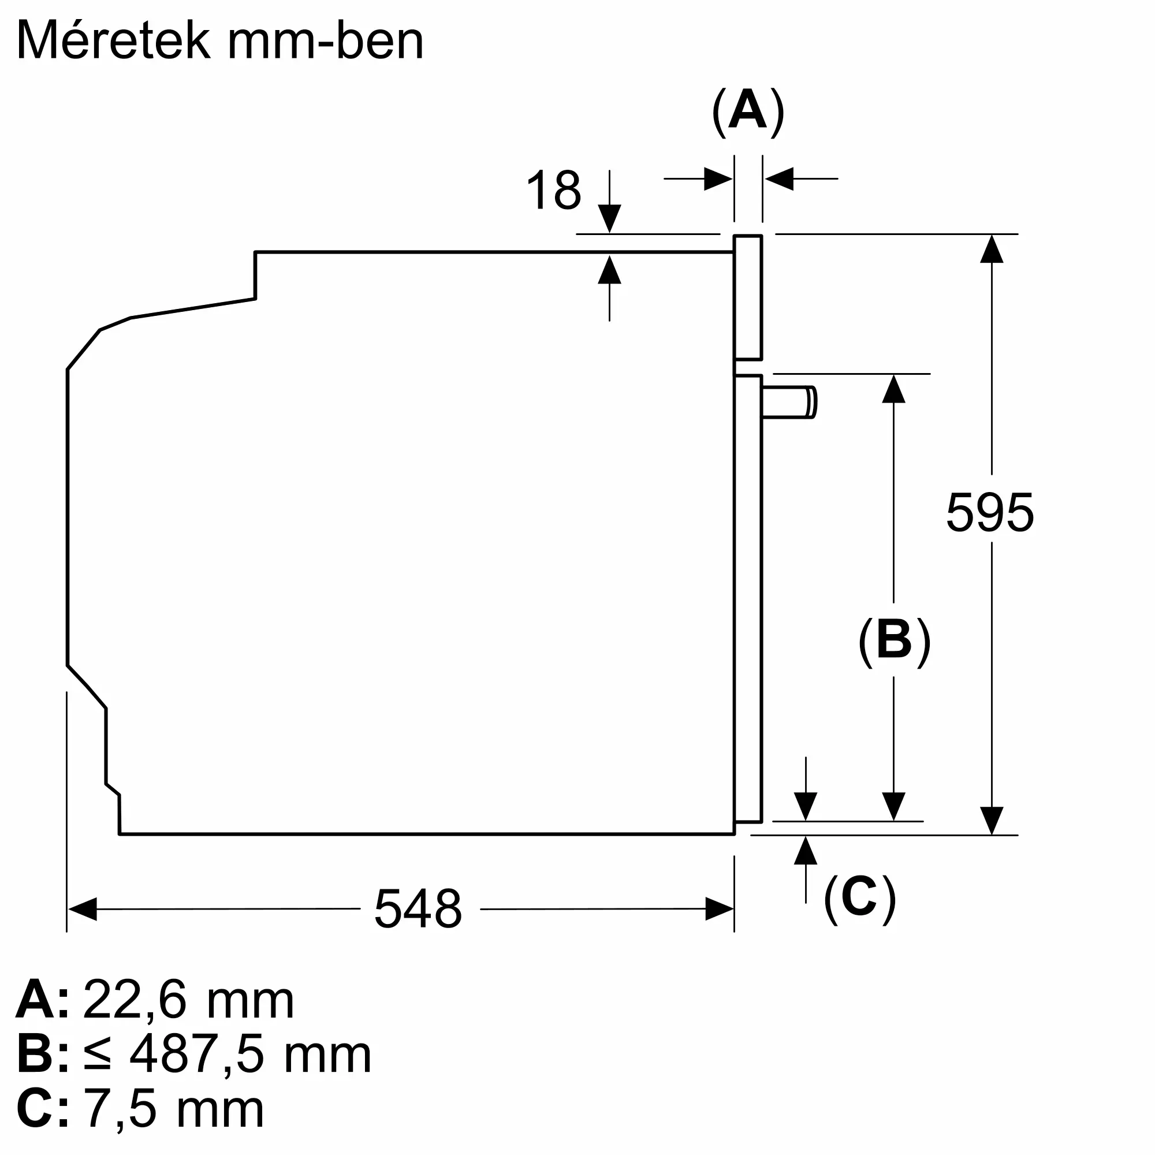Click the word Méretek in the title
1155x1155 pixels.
coord(114,40)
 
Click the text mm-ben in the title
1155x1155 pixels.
coord(326,40)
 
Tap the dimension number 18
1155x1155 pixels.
coord(554,190)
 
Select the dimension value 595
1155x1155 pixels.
coord(990,512)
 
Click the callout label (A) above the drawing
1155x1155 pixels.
coord(748,112)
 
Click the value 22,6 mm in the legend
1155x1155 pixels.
coord(188,1000)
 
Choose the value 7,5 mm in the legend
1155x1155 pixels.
coord(174,1109)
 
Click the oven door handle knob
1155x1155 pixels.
coord(789,402)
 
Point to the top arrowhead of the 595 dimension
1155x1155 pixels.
coord(992,249)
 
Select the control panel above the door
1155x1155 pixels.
coord(748,298)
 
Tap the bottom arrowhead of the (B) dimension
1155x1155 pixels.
coord(894,806)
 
